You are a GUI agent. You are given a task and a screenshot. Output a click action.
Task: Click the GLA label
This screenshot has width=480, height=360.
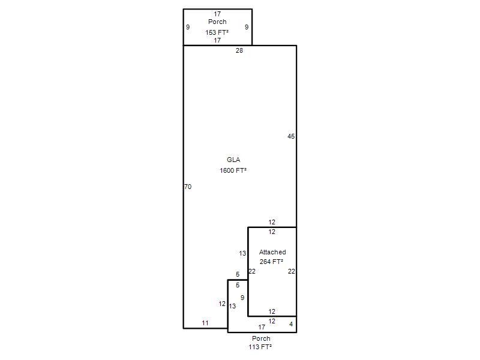coord(233,160)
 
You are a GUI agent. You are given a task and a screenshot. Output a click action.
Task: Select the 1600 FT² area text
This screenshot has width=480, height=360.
coord(233,170)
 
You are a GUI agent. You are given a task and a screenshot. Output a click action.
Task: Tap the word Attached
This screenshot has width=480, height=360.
coord(272,252)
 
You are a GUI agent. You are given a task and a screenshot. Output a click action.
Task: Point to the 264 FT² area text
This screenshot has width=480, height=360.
coord(271,262)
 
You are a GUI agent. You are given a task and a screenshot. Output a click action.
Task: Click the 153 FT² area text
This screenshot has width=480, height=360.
coord(217,32)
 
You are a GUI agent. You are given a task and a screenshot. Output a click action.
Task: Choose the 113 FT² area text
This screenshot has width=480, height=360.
coord(260,347)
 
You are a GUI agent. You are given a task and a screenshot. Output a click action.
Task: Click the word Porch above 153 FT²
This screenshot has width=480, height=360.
coord(217,22)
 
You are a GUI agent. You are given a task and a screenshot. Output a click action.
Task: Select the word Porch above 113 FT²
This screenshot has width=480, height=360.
coord(261,338)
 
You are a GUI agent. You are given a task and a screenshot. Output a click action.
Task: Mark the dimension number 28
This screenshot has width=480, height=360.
coord(239,50)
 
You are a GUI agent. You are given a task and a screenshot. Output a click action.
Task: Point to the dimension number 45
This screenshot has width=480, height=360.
coord(291,136)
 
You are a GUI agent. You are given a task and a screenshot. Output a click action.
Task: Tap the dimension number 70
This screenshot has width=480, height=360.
coord(188,187)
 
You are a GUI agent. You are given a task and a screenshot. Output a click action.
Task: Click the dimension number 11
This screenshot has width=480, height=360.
coord(205,323)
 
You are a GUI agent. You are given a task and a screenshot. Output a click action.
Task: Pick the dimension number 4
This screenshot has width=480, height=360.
coord(291,324)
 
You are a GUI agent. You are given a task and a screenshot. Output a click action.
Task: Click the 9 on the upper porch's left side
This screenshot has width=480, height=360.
coord(188,27)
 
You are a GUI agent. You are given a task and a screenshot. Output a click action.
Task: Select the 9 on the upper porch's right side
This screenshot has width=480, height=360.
coord(247,27)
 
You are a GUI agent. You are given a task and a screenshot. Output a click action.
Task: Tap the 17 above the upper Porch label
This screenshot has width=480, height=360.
coord(217,14)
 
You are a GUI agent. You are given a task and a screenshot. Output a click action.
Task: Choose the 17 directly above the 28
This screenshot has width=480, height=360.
coord(217,40)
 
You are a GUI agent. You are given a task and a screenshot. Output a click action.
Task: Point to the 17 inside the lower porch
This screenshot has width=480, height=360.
coord(262,327)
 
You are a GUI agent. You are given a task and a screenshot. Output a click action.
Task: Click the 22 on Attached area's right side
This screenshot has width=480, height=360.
coord(292,271)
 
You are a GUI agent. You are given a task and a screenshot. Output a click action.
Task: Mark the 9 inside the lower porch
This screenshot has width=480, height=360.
coord(242,298)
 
